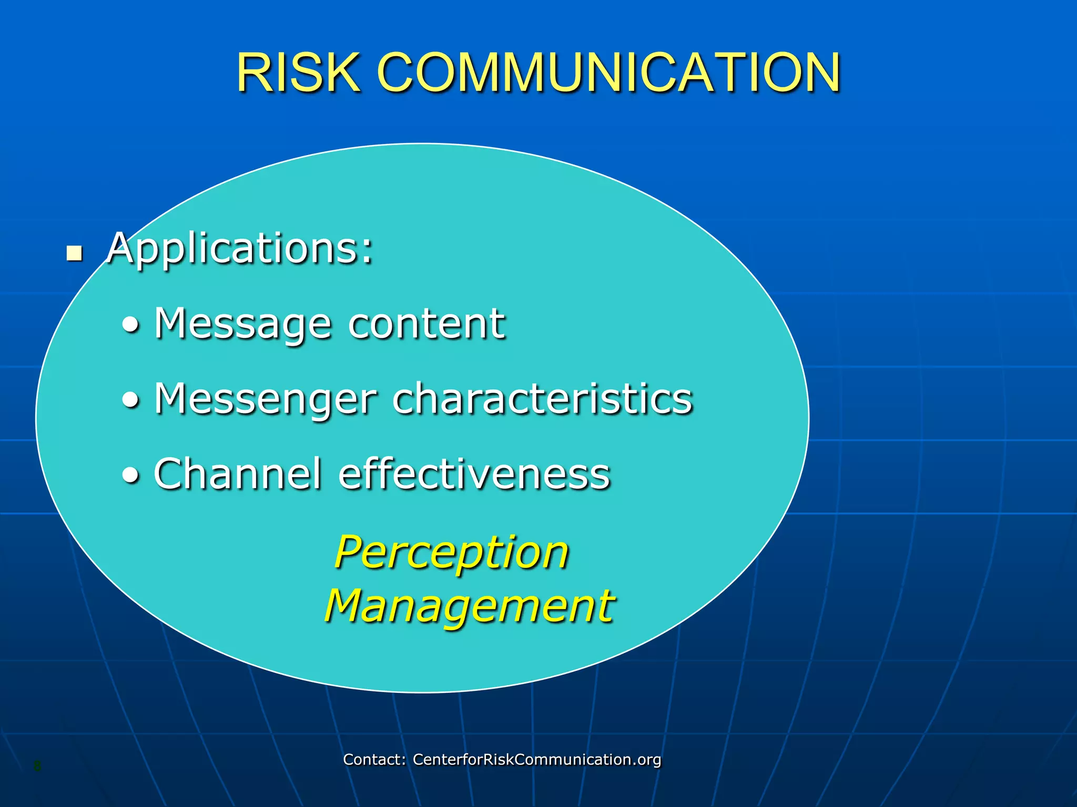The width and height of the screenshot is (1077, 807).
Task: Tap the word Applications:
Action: click(x=240, y=249)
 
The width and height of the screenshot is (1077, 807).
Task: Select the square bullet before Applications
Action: click(x=75, y=254)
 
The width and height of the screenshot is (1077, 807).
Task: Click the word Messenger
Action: click(x=266, y=399)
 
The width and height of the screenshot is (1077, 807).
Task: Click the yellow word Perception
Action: click(x=452, y=553)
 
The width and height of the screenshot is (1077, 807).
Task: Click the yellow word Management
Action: click(x=469, y=606)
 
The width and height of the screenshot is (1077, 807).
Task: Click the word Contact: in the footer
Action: click(x=374, y=759)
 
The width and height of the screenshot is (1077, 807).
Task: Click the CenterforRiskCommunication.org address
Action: click(x=536, y=759)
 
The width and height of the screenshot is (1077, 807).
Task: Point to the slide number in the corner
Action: click(x=37, y=766)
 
